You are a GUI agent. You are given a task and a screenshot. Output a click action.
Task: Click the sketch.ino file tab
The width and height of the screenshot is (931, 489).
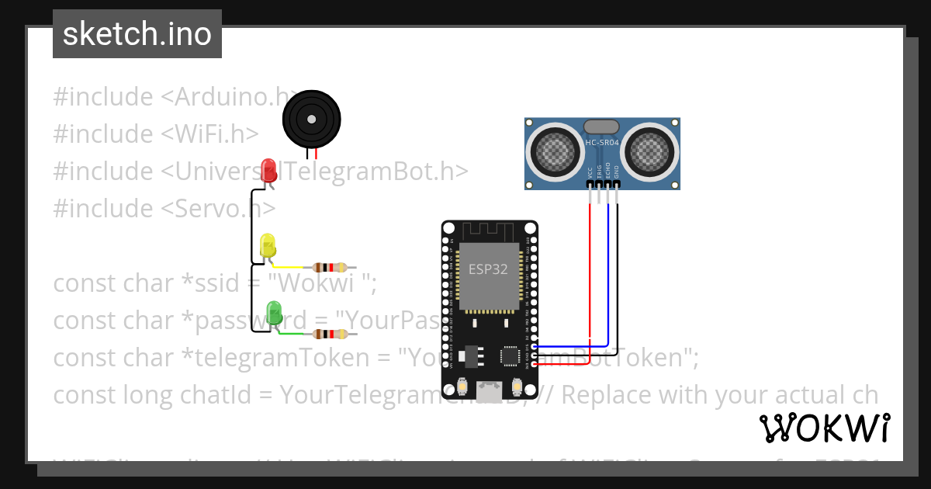137,34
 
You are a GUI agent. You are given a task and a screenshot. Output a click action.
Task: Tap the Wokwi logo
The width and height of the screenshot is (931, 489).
824,428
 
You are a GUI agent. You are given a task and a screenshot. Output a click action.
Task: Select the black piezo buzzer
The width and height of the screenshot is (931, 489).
311,119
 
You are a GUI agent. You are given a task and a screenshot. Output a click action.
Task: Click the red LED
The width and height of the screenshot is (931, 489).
268,170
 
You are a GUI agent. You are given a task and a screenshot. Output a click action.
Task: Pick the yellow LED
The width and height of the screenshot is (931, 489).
268,245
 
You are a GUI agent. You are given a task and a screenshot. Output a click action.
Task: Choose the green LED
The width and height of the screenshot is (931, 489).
274,313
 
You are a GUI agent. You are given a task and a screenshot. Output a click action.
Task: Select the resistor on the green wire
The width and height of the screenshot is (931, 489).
331,335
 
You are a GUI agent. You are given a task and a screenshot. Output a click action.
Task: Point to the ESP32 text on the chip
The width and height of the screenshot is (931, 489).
489,269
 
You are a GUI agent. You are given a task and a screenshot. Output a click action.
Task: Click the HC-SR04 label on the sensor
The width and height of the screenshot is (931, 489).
602,143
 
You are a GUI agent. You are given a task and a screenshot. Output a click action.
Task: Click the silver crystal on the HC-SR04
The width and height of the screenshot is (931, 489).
601,126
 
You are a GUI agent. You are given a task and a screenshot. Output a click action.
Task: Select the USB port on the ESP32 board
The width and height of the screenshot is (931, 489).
489,392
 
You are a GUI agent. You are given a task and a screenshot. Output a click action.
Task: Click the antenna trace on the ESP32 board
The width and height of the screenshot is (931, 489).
489,231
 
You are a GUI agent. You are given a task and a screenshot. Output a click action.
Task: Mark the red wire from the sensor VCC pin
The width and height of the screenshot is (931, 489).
590,272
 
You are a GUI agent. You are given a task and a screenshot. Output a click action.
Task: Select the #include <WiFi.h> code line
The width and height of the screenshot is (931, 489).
155,134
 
